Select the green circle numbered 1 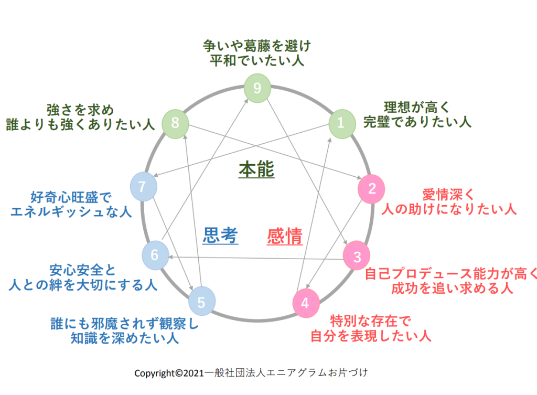(x=341, y=124)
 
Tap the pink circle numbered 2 (x=371, y=189)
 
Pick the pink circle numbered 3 (x=357, y=257)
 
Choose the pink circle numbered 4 (x=306, y=303)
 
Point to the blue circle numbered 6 (x=155, y=255)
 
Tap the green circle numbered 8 (x=175, y=123)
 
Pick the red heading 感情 (x=285, y=237)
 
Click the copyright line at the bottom (x=251, y=373)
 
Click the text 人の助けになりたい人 (x=448, y=208)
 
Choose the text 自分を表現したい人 (x=371, y=335)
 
